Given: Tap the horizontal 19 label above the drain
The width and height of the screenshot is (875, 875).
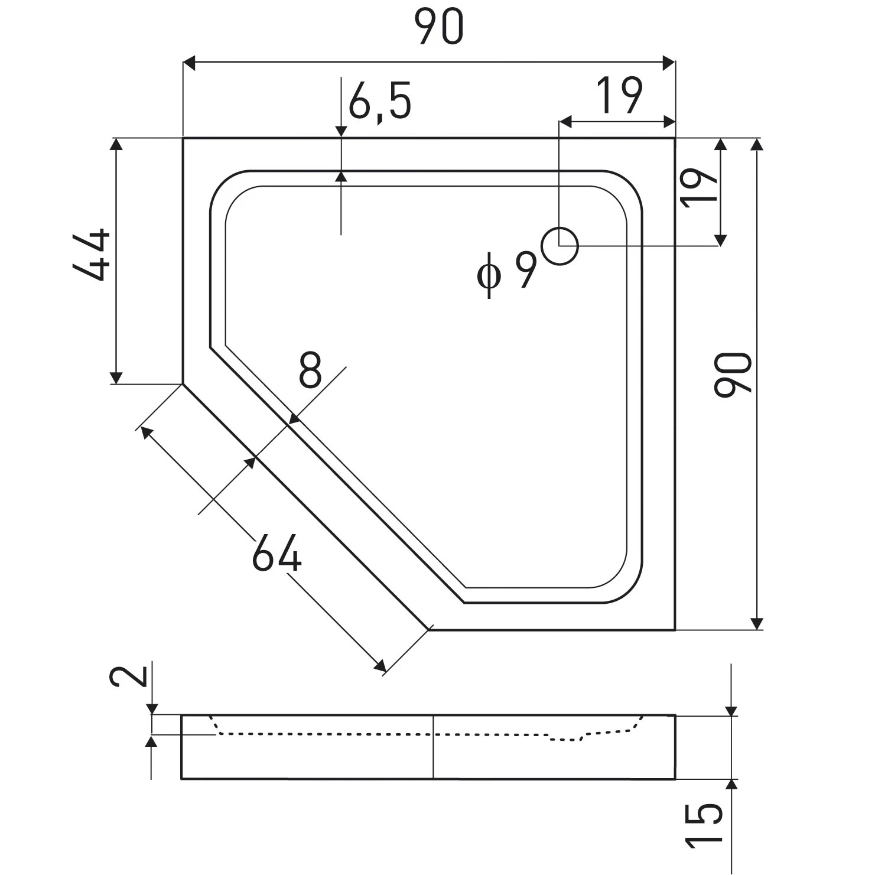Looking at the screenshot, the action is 619,95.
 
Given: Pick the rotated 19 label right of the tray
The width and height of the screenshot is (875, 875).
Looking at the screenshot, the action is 698,187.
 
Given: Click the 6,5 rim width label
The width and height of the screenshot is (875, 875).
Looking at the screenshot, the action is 379,101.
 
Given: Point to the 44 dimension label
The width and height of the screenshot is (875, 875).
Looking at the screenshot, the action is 92,255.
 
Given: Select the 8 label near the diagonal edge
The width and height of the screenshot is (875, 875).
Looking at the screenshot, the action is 310,369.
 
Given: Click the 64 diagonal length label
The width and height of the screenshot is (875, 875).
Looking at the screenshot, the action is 277,553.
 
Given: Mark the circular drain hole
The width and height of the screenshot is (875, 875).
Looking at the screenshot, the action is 560,246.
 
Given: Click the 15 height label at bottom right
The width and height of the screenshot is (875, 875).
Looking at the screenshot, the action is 705,823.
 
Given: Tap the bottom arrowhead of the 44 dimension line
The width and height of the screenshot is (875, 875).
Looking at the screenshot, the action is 116,378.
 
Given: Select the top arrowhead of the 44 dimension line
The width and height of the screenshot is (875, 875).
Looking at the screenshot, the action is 116,145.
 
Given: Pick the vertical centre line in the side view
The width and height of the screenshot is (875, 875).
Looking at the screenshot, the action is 434,747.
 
